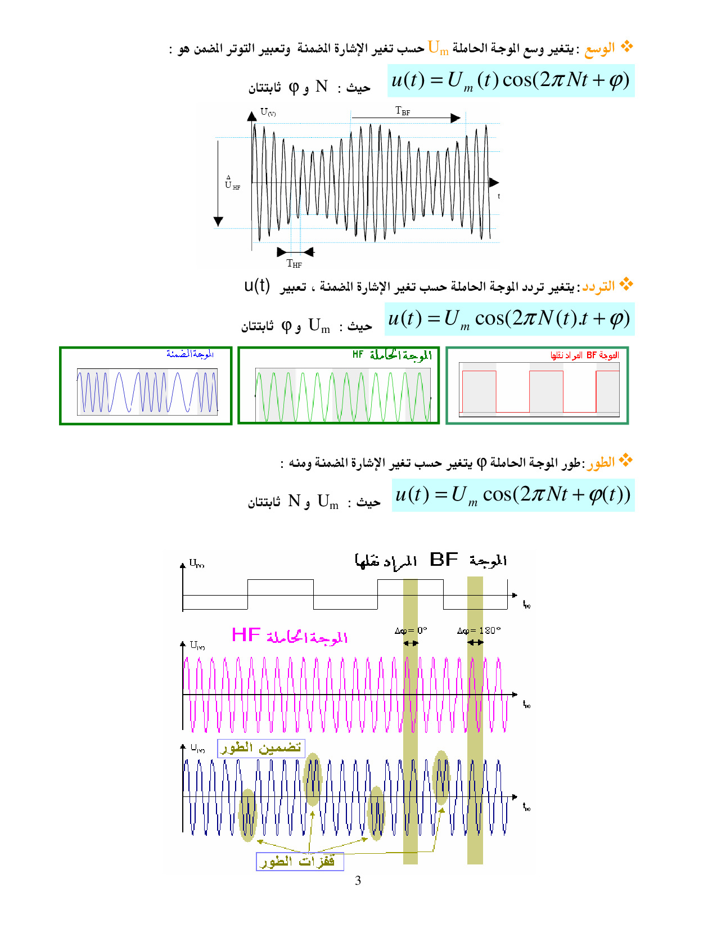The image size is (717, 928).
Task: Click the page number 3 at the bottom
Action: (358, 881)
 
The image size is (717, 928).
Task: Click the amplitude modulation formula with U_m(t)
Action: (511, 80)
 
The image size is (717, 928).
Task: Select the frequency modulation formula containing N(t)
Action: (509, 319)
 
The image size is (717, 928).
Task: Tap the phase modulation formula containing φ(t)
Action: (513, 495)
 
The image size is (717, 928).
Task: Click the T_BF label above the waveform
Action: (403, 111)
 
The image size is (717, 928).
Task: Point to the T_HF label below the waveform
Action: (294, 263)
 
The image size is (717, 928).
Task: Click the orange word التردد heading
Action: (598, 287)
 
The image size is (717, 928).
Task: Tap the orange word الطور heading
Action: (601, 463)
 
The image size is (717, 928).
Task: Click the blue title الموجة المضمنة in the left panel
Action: (190, 354)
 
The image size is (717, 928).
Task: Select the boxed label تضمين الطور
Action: (261, 748)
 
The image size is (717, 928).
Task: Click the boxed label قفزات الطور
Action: (300, 862)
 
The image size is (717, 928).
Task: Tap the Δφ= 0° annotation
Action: (411, 630)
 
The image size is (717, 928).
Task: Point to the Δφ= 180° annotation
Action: (479, 630)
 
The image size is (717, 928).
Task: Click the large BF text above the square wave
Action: (444, 560)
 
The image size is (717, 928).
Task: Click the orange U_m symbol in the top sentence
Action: (438, 48)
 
